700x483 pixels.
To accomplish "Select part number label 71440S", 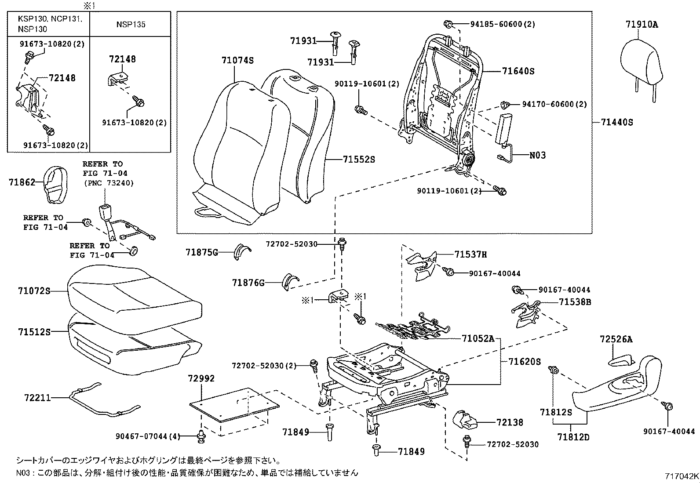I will click(x=617, y=122).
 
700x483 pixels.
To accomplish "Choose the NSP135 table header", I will click(x=131, y=24).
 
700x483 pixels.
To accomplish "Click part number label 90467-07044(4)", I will click(x=148, y=436).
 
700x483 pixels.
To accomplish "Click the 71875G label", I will click(x=201, y=252).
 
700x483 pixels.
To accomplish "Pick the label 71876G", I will click(x=248, y=283).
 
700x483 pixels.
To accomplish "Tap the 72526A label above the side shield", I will click(x=616, y=339).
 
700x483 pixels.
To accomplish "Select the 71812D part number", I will click(x=573, y=437).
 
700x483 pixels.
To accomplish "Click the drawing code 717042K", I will click(x=681, y=476).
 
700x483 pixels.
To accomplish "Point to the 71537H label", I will click(x=470, y=254).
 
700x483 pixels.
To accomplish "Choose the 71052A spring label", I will click(x=478, y=338).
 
